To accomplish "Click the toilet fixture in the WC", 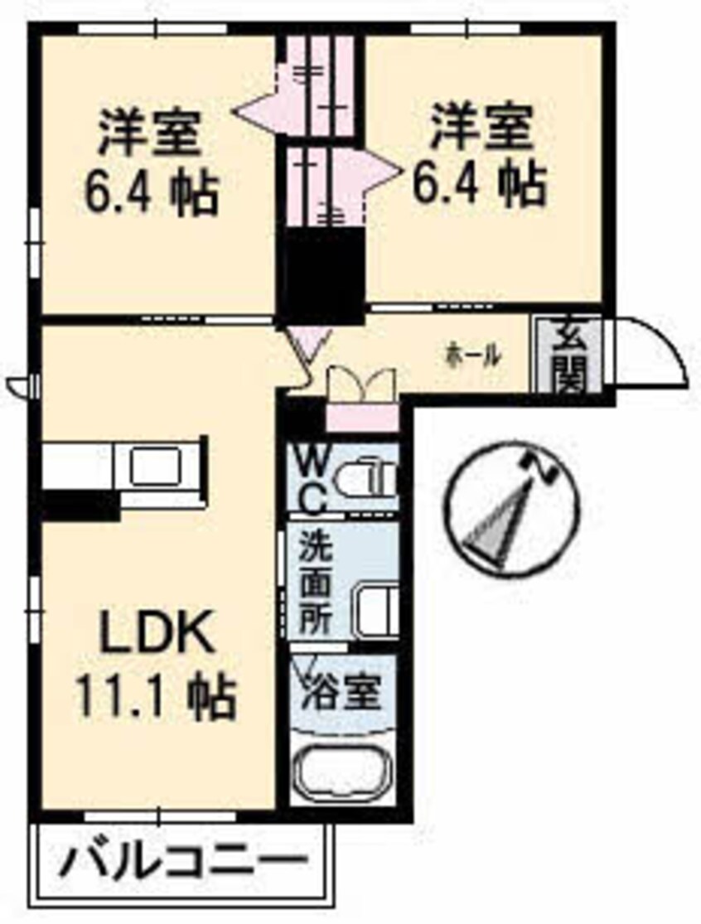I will click(x=377, y=479).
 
